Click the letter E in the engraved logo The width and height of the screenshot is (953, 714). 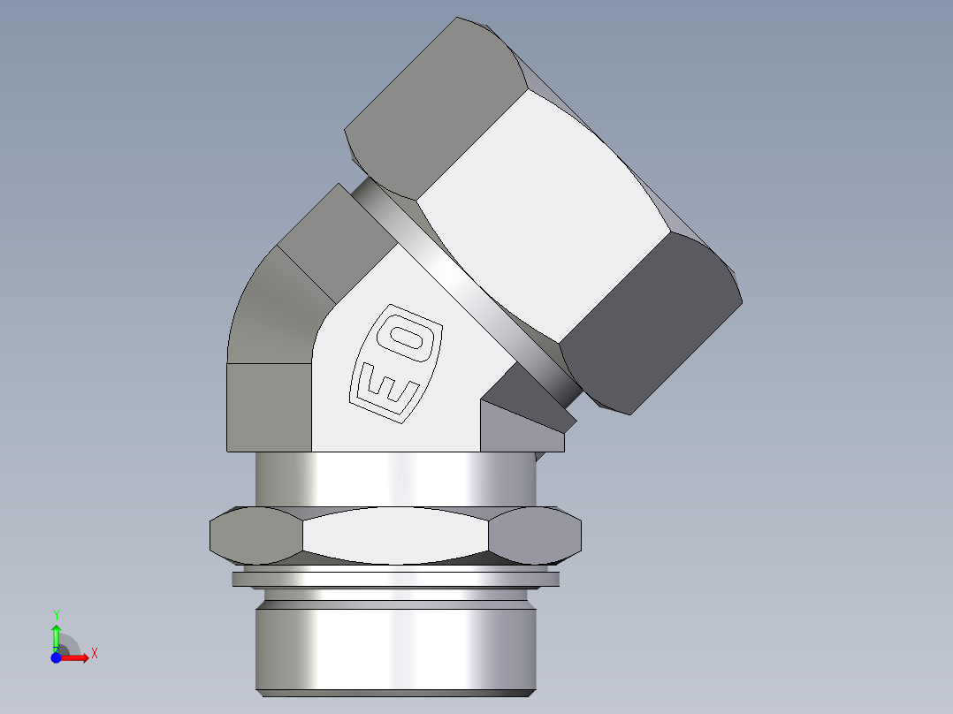pyautogui.click(x=385, y=386)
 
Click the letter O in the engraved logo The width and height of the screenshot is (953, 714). pyautogui.click(x=413, y=339)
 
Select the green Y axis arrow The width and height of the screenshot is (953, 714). pyautogui.click(x=56, y=635)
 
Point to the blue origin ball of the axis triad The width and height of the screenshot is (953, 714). pyautogui.click(x=56, y=657)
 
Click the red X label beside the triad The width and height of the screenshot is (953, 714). pyautogui.click(x=94, y=654)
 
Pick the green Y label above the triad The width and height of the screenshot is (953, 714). pyautogui.click(x=56, y=613)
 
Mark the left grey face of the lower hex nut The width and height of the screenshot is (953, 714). pyautogui.click(x=256, y=535)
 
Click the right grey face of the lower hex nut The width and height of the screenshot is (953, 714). pyautogui.click(x=535, y=535)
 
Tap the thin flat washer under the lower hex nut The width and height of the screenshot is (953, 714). pyautogui.click(x=395, y=580)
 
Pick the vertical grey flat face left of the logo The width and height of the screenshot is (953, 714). pyautogui.click(x=269, y=406)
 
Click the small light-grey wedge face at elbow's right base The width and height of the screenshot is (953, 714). pyautogui.click(x=513, y=433)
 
